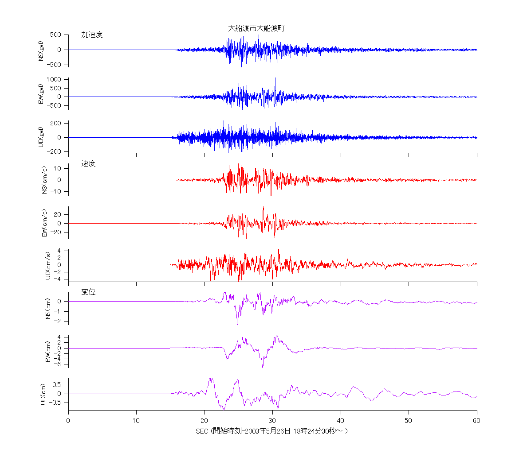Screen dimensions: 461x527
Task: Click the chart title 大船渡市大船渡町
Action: click(x=256, y=28)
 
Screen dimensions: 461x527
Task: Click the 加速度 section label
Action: click(x=92, y=35)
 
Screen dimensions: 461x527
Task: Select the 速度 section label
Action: click(x=88, y=163)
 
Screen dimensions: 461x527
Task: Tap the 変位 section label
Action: click(x=88, y=292)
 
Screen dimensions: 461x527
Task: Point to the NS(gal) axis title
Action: click(x=41, y=50)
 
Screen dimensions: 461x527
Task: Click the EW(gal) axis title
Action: click(x=41, y=94)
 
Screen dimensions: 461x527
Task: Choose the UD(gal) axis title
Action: click(x=41, y=137)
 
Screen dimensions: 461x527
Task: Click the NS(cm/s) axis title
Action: click(x=44, y=180)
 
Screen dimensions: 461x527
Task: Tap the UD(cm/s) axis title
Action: click(x=48, y=265)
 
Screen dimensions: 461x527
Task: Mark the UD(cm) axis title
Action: click(x=43, y=394)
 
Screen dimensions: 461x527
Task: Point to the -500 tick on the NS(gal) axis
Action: click(x=56, y=65)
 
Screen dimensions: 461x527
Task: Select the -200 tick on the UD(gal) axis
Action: click(x=56, y=151)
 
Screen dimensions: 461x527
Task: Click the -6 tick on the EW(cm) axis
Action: click(x=59, y=364)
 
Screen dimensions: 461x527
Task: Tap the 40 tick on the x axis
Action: click(x=340, y=421)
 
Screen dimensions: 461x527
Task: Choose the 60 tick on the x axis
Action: click(x=476, y=421)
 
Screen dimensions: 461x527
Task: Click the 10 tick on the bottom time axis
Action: click(x=136, y=421)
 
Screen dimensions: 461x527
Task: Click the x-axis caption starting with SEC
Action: click(x=271, y=431)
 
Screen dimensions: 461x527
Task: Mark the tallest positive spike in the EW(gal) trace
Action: click(x=275, y=79)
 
